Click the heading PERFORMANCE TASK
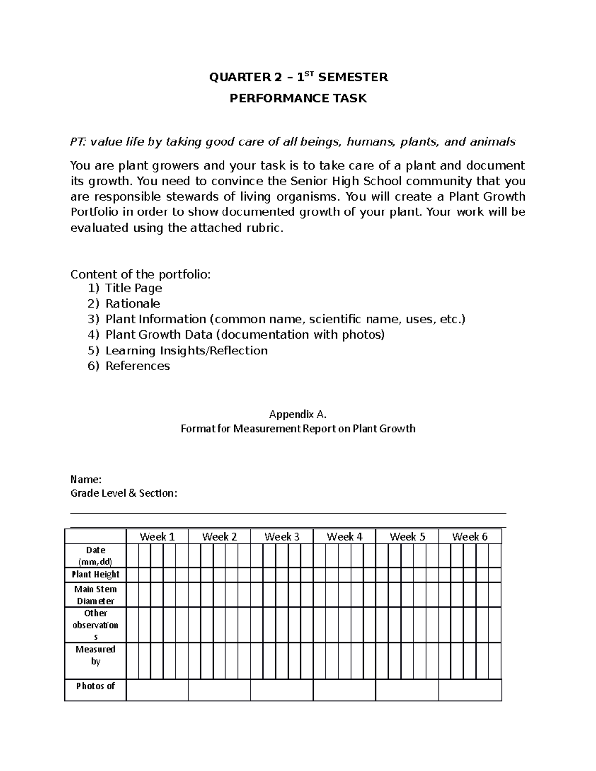(x=298, y=98)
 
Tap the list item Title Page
(x=134, y=288)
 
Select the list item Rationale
(x=133, y=304)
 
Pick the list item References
(x=138, y=366)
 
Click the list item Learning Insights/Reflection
(x=186, y=350)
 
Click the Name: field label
(x=86, y=480)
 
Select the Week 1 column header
(x=157, y=537)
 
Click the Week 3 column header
(x=282, y=537)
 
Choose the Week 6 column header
(x=469, y=537)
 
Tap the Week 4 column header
(x=344, y=537)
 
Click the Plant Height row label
(x=95, y=574)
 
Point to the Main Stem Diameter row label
(x=95, y=595)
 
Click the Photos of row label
(x=95, y=686)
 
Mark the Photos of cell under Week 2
(x=219, y=690)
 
